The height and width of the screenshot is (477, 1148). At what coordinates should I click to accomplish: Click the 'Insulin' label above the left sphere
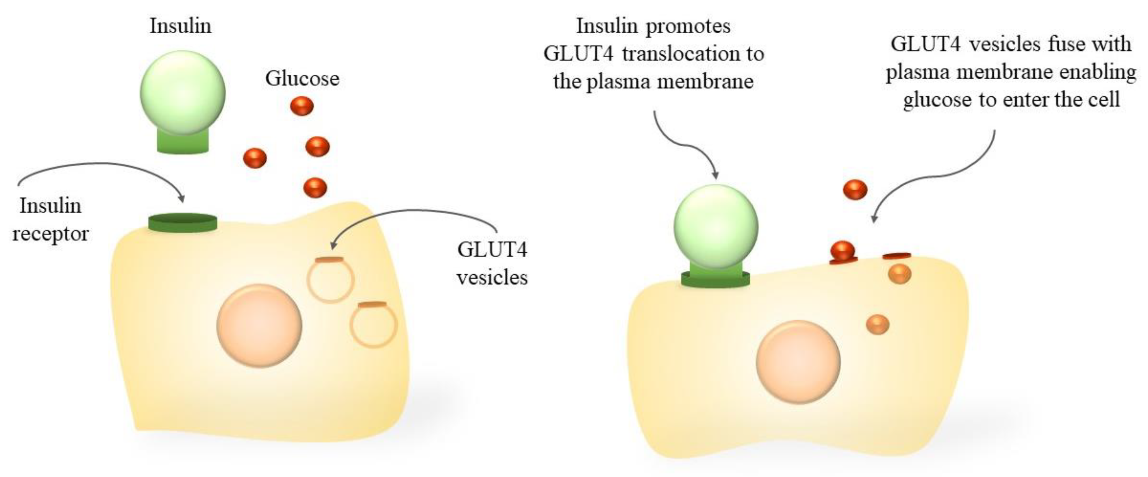point(181,26)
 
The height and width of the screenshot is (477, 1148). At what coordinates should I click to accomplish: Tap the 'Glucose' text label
point(302,79)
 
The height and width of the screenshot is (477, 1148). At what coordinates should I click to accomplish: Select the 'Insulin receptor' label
point(50,219)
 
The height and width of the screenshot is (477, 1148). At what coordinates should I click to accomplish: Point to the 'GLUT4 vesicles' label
point(492,263)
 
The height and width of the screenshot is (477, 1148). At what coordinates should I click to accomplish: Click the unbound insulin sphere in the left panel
point(182,93)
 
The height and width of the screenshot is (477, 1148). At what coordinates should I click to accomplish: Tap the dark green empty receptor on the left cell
point(182,222)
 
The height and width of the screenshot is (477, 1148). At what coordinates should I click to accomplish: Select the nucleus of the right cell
point(798,362)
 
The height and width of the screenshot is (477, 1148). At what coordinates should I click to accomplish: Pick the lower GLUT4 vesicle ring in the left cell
point(373,325)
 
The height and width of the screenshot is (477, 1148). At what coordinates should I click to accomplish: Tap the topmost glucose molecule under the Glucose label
point(302,106)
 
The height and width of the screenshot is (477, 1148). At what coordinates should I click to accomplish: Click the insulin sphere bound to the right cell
point(715,226)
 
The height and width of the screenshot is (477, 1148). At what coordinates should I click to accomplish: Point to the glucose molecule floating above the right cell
point(855,190)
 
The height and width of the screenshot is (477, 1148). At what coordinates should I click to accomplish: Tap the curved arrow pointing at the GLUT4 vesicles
point(415,211)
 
